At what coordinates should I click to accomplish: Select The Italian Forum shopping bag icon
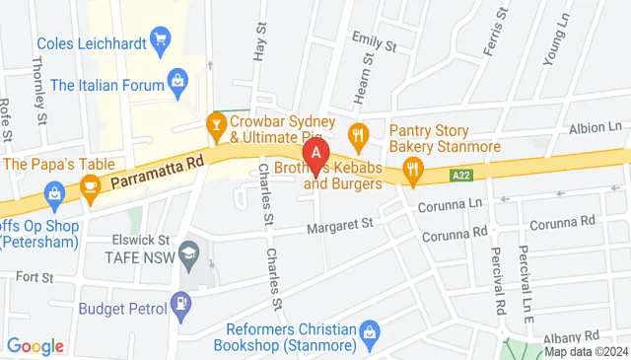178,78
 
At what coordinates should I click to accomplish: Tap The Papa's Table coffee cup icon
90,185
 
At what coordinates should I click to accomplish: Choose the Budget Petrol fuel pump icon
180,307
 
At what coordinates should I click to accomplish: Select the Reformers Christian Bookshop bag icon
370,329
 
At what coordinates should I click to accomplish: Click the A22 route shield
460,175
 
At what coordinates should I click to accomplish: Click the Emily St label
375,45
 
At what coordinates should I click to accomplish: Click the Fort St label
34,278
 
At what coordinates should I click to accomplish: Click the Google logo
35,346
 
